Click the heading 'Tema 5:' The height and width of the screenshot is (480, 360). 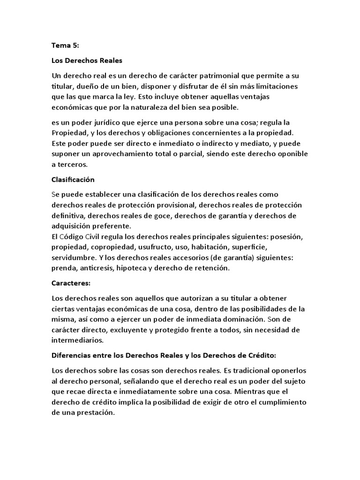click(65, 46)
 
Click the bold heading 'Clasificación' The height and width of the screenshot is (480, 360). click(73, 180)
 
